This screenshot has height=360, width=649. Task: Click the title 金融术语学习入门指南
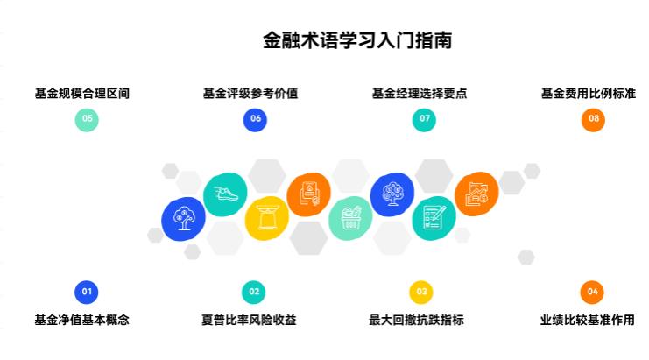[357, 40]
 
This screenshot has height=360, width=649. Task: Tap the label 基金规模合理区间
[82, 94]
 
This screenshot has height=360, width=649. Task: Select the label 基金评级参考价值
[250, 94]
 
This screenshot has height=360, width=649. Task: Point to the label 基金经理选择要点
[420, 94]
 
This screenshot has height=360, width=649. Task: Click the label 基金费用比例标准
[589, 94]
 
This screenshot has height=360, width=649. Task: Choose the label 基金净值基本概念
[82, 320]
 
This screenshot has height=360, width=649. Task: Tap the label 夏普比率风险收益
[249, 320]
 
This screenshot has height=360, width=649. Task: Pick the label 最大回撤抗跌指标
[416, 320]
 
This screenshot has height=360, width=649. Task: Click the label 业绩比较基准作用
[588, 320]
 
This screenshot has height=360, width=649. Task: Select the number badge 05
[87, 120]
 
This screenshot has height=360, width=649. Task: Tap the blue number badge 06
[255, 120]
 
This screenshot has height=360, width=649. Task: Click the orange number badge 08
[593, 120]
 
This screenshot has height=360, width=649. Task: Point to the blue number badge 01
[87, 293]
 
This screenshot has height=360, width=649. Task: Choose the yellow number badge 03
[421, 293]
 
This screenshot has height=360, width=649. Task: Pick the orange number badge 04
[592, 293]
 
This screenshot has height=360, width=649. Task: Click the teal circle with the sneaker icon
[225, 194]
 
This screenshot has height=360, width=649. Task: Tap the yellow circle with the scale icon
[267, 218]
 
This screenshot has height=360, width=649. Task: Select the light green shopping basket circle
[350, 218]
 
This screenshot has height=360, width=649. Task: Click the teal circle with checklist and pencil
[434, 218]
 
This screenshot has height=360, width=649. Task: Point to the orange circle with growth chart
[476, 194]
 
